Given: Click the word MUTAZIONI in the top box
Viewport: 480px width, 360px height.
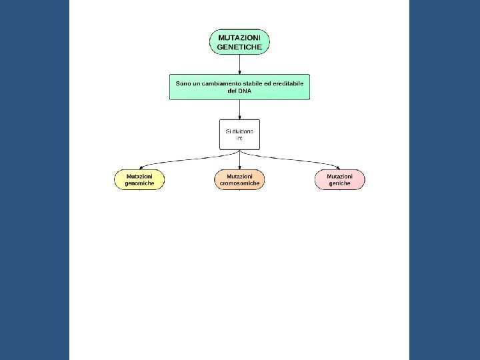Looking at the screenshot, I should coord(239,37).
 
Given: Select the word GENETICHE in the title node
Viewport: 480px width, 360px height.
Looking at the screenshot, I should coord(239,47).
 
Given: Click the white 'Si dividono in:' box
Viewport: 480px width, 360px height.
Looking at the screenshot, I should coord(239,134).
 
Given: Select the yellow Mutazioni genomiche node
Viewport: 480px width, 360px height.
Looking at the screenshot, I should coord(139,180).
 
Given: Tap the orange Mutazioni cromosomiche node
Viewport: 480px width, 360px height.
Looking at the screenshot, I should coord(239,180).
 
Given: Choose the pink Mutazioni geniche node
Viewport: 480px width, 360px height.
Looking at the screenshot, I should coord(339,180).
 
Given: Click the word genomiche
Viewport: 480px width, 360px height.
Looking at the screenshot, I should coord(139,183).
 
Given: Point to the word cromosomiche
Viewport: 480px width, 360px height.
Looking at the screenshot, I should coord(239,183).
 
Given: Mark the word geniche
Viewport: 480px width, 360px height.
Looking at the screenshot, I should coord(339,183).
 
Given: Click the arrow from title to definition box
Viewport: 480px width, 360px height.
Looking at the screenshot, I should coord(239,64).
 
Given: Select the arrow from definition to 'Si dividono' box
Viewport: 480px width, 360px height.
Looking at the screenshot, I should coord(239,109).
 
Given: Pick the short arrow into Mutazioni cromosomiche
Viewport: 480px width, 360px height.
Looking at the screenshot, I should coord(239,160).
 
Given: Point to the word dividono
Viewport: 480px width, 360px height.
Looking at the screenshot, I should coord(243,132).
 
